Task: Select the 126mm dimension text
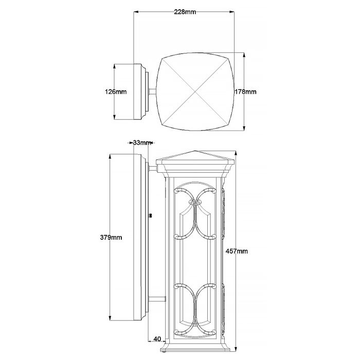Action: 116,92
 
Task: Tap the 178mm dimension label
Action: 246,92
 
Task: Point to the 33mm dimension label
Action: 141,142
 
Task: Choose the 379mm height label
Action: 111,237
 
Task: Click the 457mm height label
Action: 237,251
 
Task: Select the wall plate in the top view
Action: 140,92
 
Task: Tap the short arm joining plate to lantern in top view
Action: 153,93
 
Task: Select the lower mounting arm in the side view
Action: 157,298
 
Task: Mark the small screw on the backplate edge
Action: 150,217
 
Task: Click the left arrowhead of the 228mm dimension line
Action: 136,11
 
